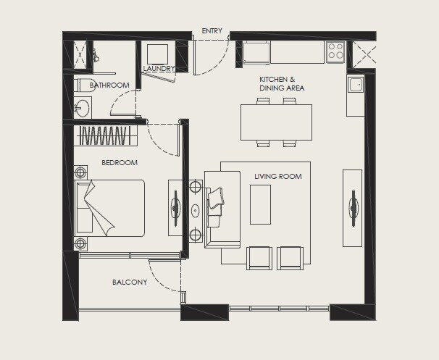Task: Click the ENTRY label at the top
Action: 212,31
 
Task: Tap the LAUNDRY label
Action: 159,69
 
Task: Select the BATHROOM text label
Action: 109,85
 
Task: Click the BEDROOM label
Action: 120,163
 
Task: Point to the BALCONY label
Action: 130,282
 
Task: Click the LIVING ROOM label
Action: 277,177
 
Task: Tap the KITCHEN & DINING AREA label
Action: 282,83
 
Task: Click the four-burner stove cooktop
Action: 335,51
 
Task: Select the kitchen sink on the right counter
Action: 355,86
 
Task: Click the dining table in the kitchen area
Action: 276,122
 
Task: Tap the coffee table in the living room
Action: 260,204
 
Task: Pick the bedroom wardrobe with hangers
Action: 105,135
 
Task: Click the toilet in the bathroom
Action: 83,85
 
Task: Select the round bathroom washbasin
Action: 82,109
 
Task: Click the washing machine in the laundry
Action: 157,54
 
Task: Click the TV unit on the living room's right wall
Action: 352,208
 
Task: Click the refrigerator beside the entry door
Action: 256,52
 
